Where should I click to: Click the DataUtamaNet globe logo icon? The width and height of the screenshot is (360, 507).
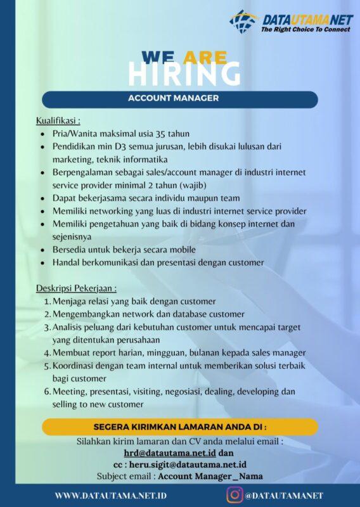click(x=244, y=22)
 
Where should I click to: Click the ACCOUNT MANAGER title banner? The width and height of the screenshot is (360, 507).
click(x=179, y=98)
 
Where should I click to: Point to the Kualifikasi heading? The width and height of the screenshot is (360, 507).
click(x=58, y=120)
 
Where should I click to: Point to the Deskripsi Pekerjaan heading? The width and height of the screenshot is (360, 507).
click(x=76, y=288)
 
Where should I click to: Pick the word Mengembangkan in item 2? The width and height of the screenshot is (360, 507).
click(x=86, y=314)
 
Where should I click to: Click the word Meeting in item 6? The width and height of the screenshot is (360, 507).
click(x=71, y=392)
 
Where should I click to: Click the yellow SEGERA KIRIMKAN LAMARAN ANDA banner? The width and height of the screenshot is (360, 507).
click(x=179, y=427)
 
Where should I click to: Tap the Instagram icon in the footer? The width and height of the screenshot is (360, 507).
click(x=234, y=494)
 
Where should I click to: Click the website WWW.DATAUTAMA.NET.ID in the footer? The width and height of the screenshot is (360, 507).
click(x=111, y=495)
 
